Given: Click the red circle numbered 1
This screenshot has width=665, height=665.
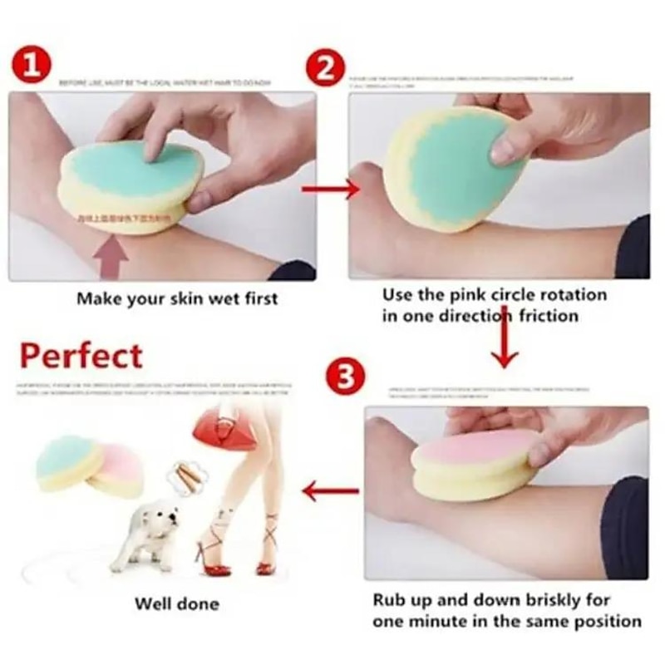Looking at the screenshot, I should click(32, 66).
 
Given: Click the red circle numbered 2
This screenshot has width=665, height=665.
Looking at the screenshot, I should click(326, 66).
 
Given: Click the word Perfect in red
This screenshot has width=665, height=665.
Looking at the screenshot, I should click(81, 356).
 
